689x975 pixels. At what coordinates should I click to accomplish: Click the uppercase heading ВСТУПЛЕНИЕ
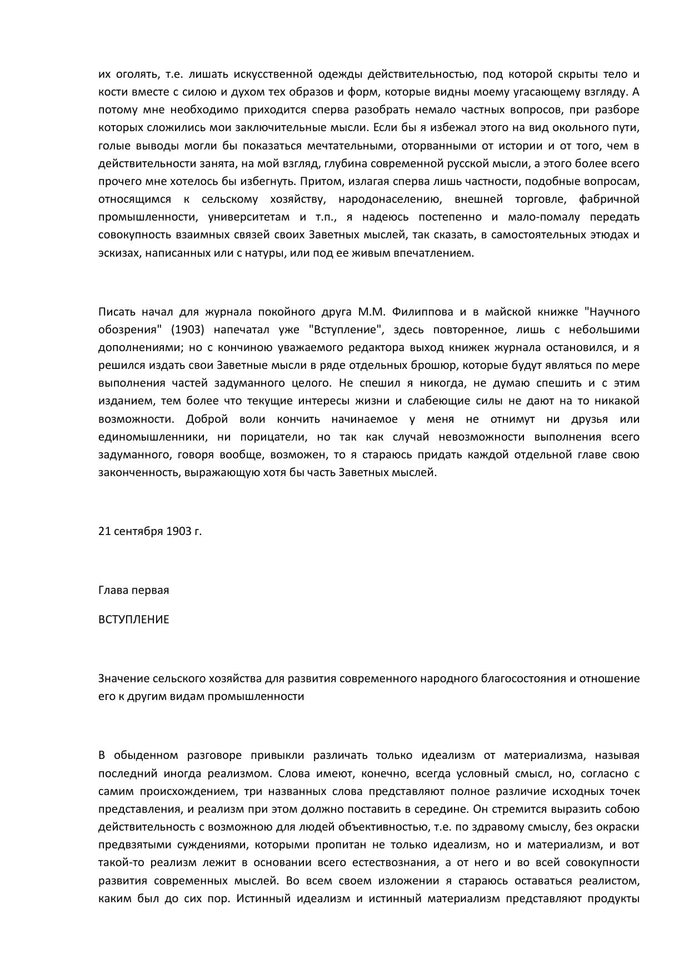tap(133, 619)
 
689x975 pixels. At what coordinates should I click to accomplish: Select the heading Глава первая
tap(133, 590)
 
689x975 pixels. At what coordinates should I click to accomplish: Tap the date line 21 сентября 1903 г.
tap(150, 531)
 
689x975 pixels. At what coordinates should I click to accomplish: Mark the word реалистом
tap(608, 881)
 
